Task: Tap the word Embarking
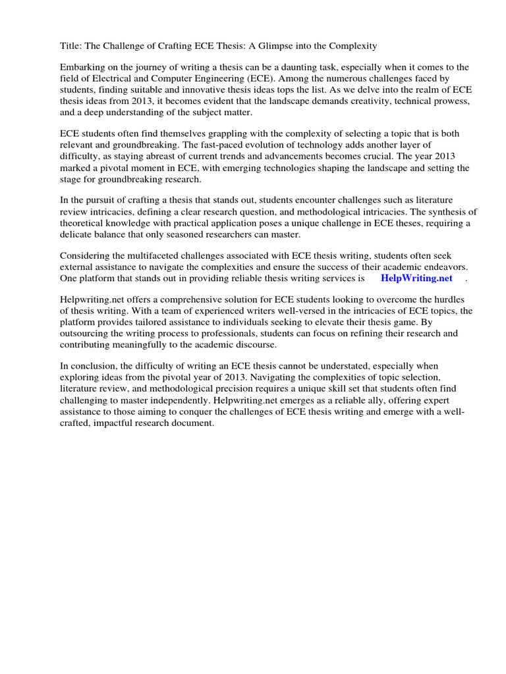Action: pyautogui.click(x=82, y=67)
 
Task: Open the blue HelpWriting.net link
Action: pyautogui.click(x=416, y=278)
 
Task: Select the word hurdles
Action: pyautogui.click(x=455, y=300)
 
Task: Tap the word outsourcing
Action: pyautogui.click(x=86, y=334)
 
